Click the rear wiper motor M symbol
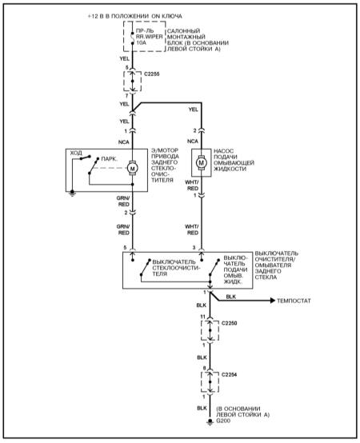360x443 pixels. point(132,168)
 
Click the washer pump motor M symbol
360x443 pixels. point(201,163)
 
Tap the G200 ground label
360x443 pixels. point(223,421)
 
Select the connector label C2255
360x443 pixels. point(152,74)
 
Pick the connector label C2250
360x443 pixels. point(229,323)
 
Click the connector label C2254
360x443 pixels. point(229,375)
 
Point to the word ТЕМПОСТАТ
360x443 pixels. point(294,301)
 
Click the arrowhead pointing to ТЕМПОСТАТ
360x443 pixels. point(273,301)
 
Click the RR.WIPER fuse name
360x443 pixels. point(149,37)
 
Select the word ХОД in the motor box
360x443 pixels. point(76,153)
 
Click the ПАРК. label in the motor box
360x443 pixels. point(109,159)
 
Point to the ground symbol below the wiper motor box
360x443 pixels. point(72,193)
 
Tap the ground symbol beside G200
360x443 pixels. point(210,422)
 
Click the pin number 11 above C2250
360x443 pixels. point(202,317)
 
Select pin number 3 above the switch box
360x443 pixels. point(194,248)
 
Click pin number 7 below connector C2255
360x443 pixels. point(127,96)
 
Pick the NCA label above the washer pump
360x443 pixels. point(193,142)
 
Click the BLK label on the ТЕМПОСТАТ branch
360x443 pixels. point(231,297)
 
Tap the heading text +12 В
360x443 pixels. point(96,16)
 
